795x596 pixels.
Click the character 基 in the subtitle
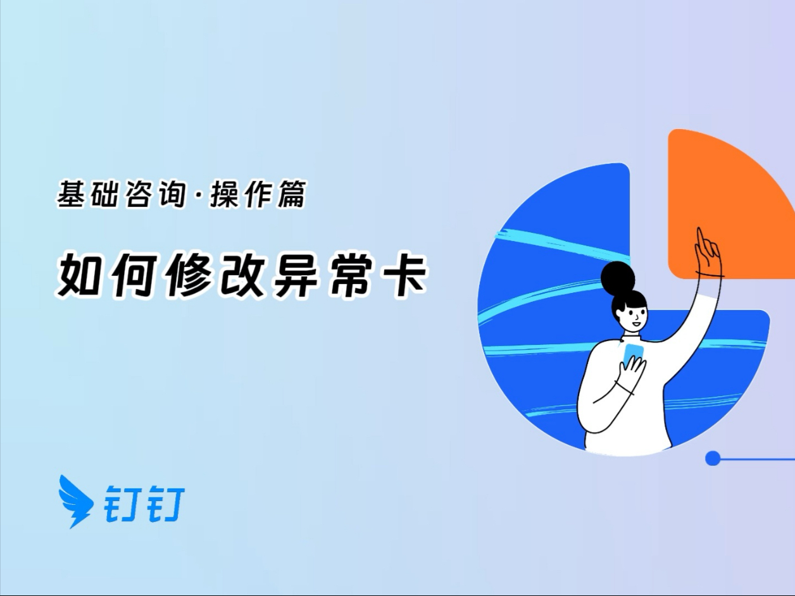(72, 194)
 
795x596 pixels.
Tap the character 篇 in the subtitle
(292, 194)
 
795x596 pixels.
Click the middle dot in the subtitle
(197, 195)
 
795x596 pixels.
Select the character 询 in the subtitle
(172, 194)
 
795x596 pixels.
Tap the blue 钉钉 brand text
(144, 504)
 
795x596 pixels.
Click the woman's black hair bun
(618, 278)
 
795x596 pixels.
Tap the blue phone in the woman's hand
(633, 355)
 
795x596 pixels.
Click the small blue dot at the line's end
(713, 458)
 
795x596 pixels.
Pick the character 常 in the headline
(350, 274)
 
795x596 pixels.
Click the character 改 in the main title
(242, 274)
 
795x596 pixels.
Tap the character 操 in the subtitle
(225, 194)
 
